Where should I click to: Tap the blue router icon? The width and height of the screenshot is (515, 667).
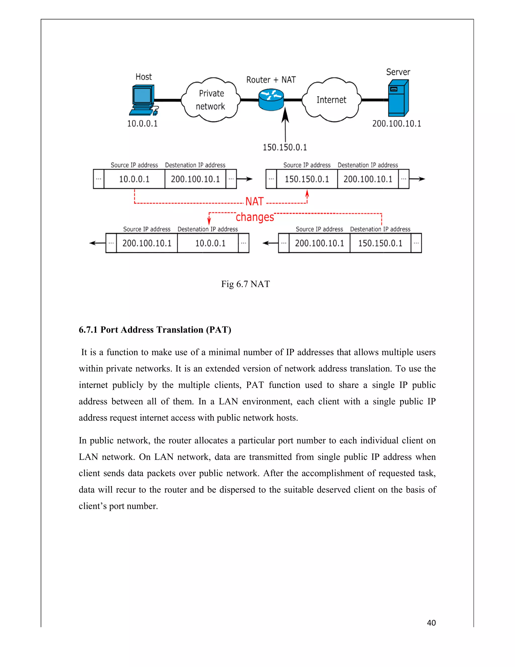(271, 99)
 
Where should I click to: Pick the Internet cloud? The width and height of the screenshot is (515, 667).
(331, 100)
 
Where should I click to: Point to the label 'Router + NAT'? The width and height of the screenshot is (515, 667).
(271, 80)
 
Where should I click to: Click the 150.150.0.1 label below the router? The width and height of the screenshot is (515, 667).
(285, 147)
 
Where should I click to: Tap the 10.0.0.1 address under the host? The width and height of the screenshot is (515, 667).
(142, 124)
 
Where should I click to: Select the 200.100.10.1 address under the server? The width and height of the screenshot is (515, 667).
(396, 124)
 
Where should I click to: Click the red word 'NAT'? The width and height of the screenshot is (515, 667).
(254, 202)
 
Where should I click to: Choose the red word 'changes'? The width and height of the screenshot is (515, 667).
(255, 217)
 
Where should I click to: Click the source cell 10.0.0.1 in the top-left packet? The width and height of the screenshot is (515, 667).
(134, 179)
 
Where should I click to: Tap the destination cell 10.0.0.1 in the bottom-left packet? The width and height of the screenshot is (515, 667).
(210, 243)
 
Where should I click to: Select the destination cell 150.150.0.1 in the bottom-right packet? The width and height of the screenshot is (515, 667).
(380, 243)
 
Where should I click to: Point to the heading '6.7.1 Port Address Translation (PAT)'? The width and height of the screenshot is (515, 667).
(155, 330)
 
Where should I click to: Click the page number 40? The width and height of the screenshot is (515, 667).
(431, 623)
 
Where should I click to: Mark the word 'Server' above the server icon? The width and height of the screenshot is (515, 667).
(398, 72)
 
